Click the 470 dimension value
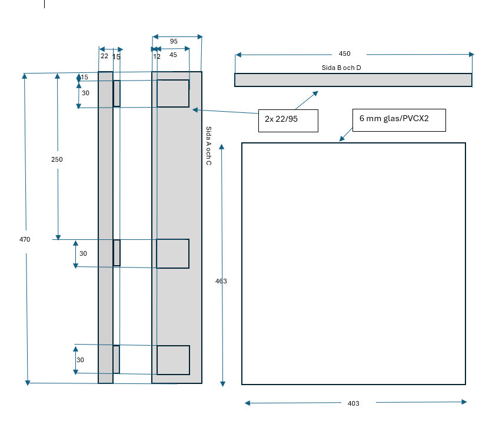[25, 239]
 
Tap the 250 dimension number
[57, 159]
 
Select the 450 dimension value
[344, 54]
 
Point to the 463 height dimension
[221, 281]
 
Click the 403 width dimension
[353, 403]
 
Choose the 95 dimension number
[174, 41]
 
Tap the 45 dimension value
[173, 55]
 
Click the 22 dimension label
[104, 56]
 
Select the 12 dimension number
[157, 56]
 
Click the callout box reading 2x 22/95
[288, 120]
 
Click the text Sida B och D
[341, 68]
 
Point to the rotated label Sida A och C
[208, 145]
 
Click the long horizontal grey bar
[353, 80]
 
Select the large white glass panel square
[353, 263]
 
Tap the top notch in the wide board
[173, 93]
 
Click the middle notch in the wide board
[173, 253]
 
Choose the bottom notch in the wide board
[173, 360]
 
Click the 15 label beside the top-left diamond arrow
[85, 77]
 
